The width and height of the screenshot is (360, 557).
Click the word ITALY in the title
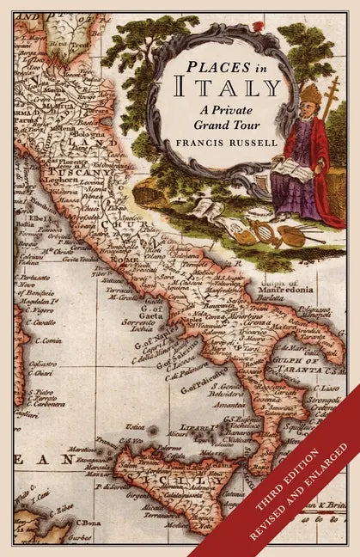(x=228, y=87)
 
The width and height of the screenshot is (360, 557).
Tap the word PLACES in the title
(x=217, y=65)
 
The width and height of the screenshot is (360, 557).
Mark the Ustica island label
(x=135, y=426)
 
